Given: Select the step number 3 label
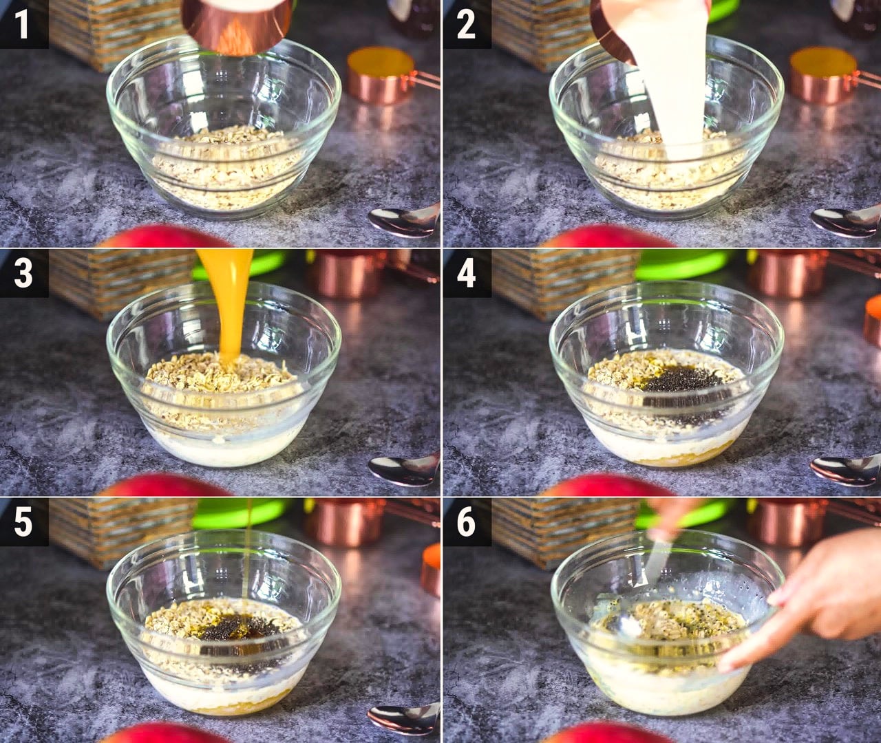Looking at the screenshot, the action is click(x=23, y=273).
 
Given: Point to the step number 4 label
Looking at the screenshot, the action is click(x=466, y=273).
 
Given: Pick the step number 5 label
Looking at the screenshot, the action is click(x=23, y=522).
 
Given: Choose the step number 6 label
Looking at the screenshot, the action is click(x=466, y=522).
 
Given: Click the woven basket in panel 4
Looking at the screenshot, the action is click(x=565, y=283).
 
